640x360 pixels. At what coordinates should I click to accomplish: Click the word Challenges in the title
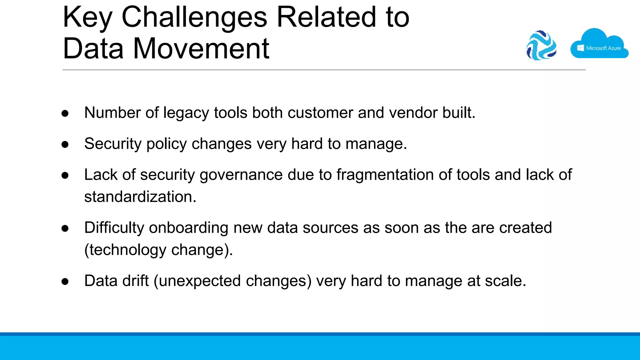194,17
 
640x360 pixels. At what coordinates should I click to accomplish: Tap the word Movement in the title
201,49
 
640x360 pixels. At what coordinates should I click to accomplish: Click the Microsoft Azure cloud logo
599,44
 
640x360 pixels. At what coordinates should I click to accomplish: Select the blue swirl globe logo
541,45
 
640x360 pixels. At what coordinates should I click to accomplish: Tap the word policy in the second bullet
167,144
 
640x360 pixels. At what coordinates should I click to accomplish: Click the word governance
241,175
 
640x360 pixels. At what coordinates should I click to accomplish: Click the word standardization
140,197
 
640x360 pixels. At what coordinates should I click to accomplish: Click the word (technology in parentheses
125,250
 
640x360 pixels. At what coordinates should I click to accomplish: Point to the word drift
135,281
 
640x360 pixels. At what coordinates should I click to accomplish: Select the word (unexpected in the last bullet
197,281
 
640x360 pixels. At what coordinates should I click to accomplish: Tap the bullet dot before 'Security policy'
65,144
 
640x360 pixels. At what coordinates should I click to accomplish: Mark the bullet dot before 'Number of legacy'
65,113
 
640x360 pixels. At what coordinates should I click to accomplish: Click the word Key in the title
87,17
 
